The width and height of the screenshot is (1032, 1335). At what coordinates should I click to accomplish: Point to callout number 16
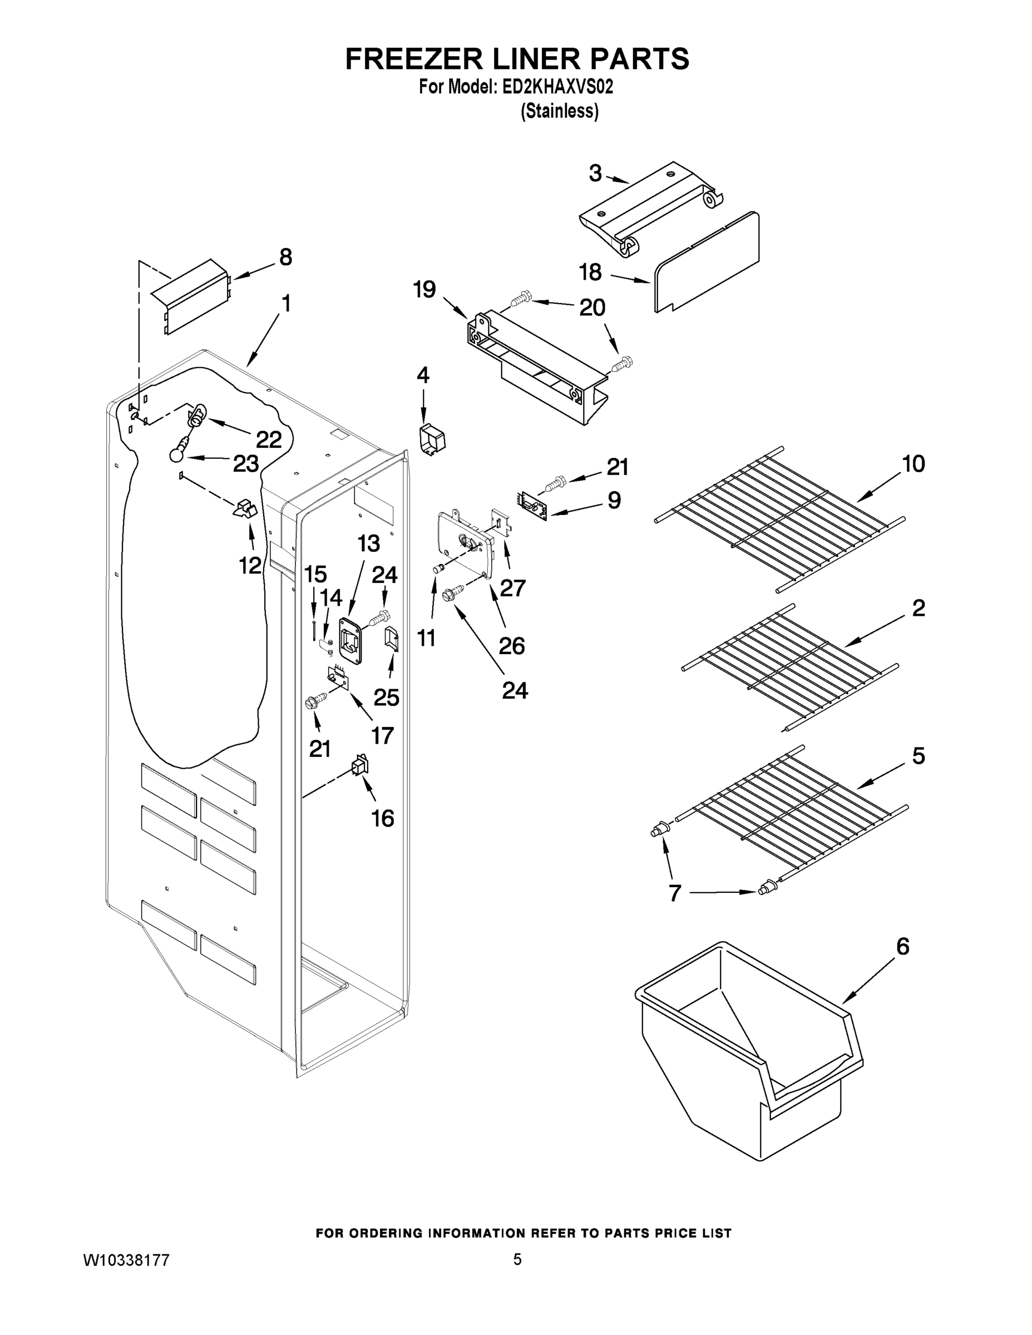point(383,818)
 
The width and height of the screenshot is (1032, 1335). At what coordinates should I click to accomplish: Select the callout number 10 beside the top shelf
point(914,464)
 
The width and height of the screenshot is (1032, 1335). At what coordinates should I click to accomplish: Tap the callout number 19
point(424,289)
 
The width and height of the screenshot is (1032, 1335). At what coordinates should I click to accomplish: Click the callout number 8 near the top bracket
point(285,258)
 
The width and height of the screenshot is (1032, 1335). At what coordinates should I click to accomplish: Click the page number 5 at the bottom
point(517,1259)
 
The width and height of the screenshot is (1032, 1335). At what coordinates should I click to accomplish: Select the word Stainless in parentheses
point(559,112)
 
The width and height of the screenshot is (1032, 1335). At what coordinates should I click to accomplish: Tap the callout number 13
point(369,543)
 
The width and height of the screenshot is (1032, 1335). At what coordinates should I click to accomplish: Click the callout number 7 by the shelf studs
point(674,894)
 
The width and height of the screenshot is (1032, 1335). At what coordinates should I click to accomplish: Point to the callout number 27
point(512,588)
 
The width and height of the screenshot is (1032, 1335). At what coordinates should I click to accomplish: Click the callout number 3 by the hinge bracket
point(595,174)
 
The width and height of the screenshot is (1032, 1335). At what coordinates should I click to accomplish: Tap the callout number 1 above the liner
point(285,304)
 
